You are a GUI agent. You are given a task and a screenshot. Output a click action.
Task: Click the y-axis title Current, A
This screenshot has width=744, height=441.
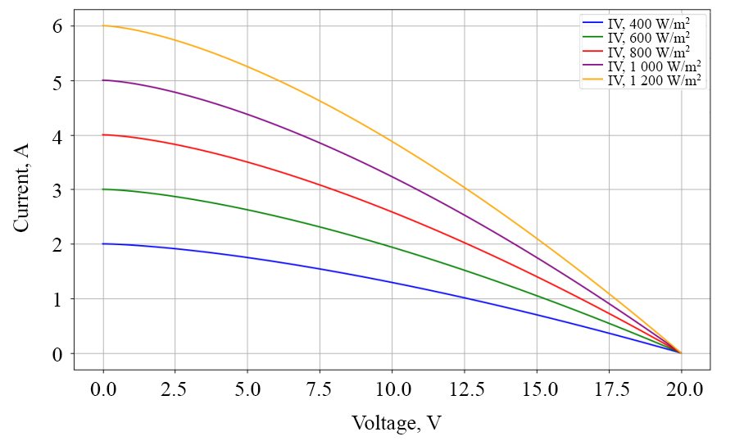coord(22,187)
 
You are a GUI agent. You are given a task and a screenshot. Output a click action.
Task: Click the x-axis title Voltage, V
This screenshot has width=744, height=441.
coord(397,423)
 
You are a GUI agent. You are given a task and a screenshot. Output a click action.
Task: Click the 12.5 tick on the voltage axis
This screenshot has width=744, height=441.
coord(464,388)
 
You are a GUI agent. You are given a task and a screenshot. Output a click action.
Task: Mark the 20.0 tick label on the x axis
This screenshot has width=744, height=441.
coord(681,388)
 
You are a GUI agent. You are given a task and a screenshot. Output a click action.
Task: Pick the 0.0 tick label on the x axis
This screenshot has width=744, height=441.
coord(103,388)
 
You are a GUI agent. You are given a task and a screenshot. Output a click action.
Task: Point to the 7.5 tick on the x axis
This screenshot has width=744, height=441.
coord(320,388)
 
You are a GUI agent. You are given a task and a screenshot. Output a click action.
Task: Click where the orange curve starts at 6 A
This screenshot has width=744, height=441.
coord(103,25)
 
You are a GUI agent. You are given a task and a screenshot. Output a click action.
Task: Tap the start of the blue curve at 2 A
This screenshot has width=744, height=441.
coord(103,243)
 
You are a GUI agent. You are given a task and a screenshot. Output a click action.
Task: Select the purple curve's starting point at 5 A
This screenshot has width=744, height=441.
coord(103,80)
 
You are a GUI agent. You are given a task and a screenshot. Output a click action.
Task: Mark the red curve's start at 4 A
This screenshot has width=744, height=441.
coord(103,134)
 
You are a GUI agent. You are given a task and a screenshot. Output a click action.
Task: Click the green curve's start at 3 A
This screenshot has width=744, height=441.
coord(103,189)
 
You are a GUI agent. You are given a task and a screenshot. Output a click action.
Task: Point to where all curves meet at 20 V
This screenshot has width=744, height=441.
coord(681,352)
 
